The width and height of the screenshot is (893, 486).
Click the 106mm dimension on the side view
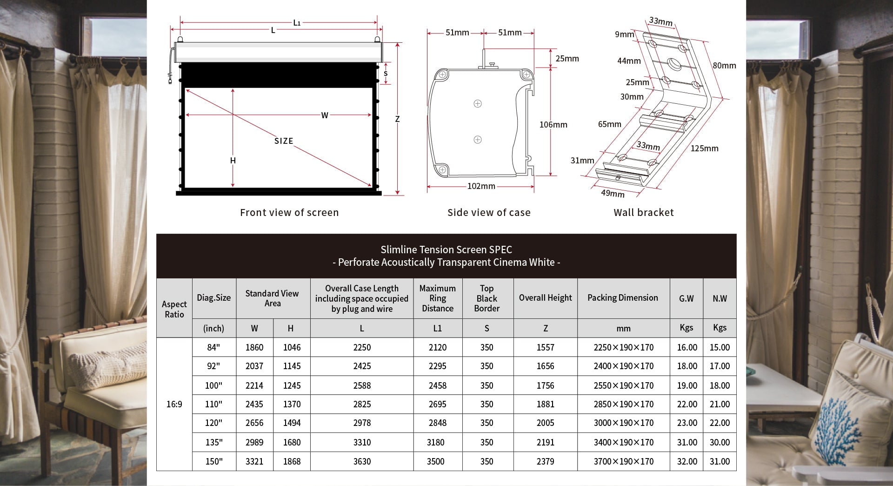coord(553,125)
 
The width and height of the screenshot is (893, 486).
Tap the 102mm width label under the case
coord(481,186)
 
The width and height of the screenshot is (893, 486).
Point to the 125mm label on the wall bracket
coord(704,148)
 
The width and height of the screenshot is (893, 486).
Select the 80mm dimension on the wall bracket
coord(724,66)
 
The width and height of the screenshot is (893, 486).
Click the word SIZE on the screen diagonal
coord(284,141)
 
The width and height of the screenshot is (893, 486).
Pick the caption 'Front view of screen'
coord(289,213)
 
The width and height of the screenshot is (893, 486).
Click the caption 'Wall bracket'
coord(643,213)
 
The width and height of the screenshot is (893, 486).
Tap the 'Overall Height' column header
coord(545,298)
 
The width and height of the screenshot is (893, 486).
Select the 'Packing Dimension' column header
coord(623,298)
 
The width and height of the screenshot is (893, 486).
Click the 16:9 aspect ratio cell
coord(174,404)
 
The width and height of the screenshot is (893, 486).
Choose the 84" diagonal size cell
coord(213,347)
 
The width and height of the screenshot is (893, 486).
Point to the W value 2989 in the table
coord(254,442)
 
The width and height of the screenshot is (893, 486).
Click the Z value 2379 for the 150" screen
coord(545,461)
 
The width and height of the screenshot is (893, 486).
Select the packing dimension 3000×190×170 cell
coord(623,423)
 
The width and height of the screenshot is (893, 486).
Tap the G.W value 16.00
coord(686,347)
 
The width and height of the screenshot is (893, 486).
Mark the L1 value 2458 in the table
coord(437,385)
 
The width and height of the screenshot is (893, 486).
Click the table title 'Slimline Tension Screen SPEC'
coord(446,250)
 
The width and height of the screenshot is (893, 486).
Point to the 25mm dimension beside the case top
coord(567,59)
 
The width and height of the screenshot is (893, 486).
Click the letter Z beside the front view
coord(397,119)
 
